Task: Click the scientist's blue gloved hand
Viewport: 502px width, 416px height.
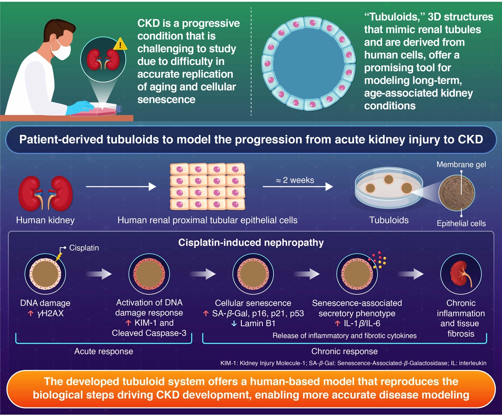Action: click(x=83, y=107)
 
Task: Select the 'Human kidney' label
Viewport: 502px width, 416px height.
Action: click(x=45, y=220)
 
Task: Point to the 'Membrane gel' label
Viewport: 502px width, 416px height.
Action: click(x=461, y=165)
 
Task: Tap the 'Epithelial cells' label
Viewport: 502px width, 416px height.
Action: click(x=461, y=223)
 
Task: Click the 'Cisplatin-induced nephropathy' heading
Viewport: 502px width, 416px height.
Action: click(x=251, y=242)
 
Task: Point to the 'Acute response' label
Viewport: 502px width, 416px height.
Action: click(x=104, y=351)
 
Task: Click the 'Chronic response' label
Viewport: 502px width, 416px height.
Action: click(x=344, y=351)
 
